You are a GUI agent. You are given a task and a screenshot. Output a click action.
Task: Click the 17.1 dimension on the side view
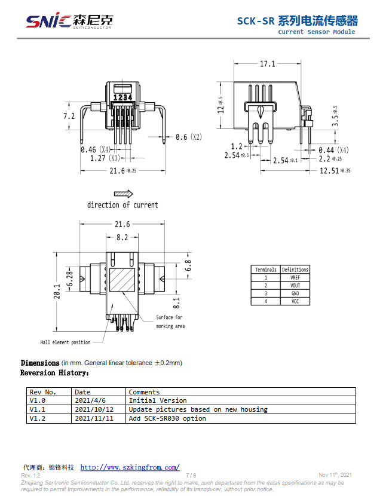[x=267, y=64]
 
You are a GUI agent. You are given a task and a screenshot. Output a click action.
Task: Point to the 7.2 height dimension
[x=69, y=117]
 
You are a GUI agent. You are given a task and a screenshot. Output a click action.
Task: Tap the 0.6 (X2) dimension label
[x=188, y=137]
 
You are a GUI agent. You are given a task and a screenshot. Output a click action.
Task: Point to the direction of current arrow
[x=123, y=194]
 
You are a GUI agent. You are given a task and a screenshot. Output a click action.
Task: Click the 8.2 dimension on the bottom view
[x=122, y=237]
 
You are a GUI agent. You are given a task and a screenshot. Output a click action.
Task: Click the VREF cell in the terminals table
[x=295, y=278]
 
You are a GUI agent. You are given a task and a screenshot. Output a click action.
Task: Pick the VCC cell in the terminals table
[x=295, y=301]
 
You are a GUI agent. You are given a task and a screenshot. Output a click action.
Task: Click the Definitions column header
[x=295, y=270]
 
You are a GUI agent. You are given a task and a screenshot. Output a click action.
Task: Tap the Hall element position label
[x=65, y=342]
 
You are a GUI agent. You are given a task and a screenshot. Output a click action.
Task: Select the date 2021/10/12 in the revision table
[x=94, y=409]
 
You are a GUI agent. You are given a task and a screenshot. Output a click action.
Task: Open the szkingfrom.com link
[x=130, y=467]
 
